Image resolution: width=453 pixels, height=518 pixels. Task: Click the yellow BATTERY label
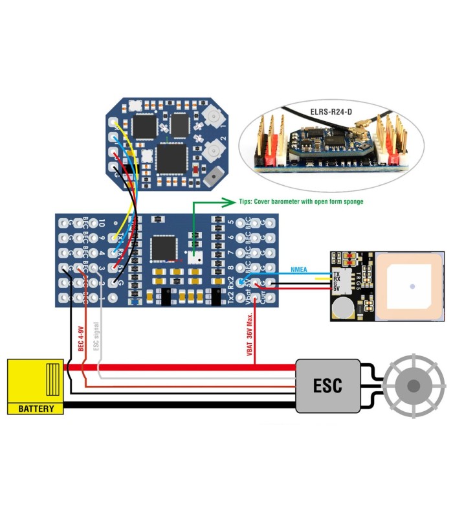coord(36,409)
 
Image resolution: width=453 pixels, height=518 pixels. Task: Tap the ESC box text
coord(327,386)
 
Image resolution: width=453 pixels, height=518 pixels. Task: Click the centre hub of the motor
coord(413,386)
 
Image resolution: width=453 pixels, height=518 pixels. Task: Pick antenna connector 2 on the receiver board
coord(212,153)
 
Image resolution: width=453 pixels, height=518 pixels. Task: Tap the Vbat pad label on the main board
coord(232,297)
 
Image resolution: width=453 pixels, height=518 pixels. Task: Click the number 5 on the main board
coord(231,224)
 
